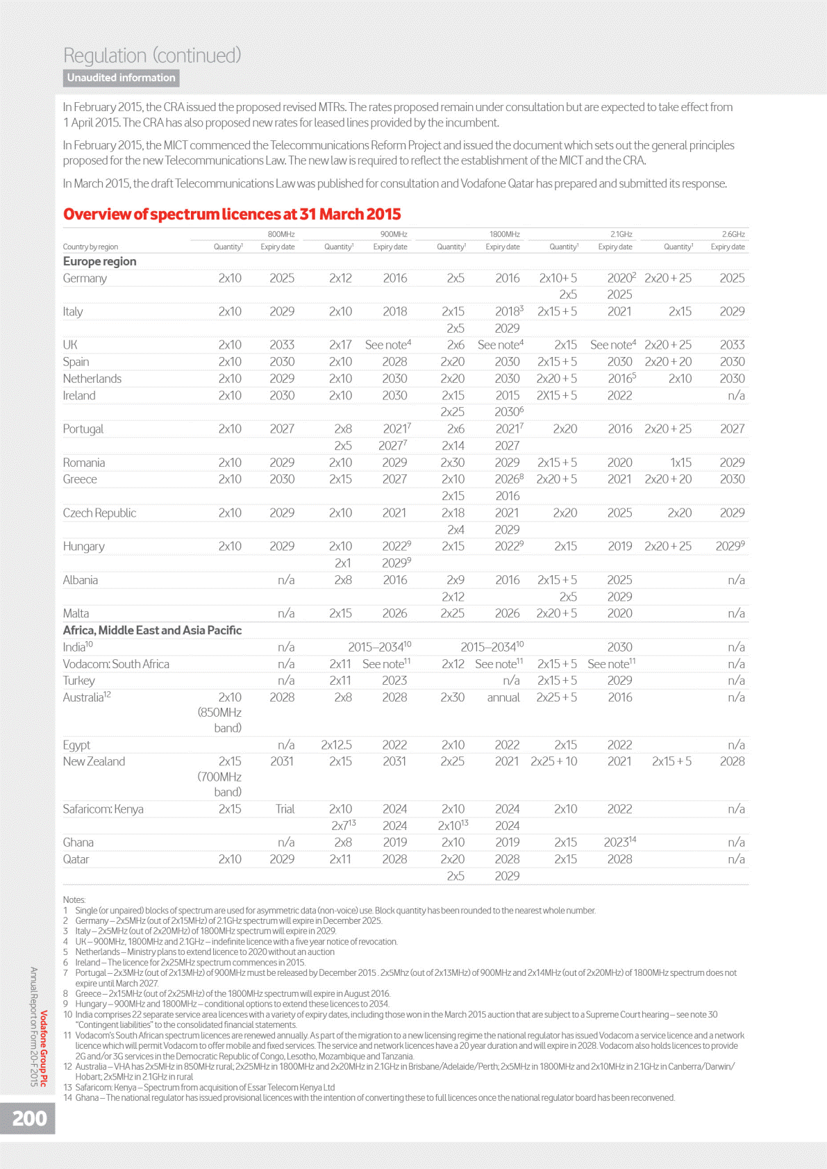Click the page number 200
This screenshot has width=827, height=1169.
(29, 1118)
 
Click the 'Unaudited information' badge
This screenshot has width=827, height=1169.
(122, 78)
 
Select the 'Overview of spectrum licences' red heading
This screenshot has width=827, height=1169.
(232, 214)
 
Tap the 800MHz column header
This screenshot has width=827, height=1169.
(281, 234)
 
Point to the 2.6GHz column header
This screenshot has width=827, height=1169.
(733, 234)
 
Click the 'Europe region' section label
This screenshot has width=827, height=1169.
(99, 261)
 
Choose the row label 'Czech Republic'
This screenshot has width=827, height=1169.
(99, 513)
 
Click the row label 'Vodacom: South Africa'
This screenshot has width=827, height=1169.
(116, 664)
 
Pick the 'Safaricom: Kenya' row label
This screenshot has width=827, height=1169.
(103, 809)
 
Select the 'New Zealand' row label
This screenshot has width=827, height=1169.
(94, 761)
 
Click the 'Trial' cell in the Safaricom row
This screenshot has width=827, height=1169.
(285, 809)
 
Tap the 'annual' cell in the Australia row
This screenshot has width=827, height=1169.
(503, 697)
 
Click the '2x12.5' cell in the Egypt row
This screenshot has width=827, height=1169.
(336, 745)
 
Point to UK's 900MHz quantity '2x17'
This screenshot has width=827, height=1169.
(340, 345)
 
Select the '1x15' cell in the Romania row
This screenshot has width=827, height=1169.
(680, 463)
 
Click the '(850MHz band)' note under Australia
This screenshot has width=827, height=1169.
(219, 720)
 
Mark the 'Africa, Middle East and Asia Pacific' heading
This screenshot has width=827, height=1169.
(152, 630)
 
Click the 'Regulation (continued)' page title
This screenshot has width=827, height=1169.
(152, 55)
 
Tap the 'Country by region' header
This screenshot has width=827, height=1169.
(90, 247)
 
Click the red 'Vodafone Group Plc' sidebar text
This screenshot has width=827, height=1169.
(44, 1048)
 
